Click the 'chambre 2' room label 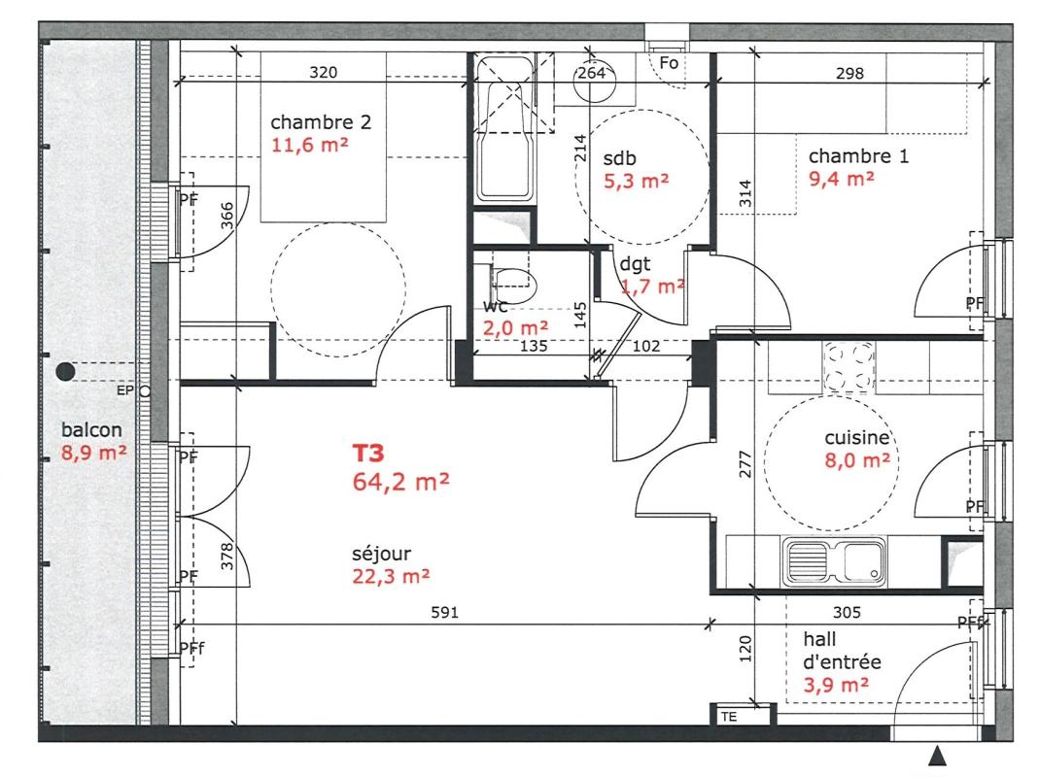(321, 122)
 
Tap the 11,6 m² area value (309, 145)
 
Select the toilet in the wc (513, 286)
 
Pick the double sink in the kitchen (834, 561)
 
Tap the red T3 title (367, 454)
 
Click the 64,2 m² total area (400, 482)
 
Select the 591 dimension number (444, 613)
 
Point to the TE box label (729, 717)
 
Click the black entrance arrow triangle (936, 756)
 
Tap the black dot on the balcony (65, 372)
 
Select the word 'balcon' (91, 430)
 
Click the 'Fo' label (669, 63)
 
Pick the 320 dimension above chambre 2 (324, 72)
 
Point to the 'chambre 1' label (859, 156)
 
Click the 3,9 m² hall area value (836, 685)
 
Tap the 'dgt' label (635, 264)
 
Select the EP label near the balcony (124, 390)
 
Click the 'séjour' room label (381, 554)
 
